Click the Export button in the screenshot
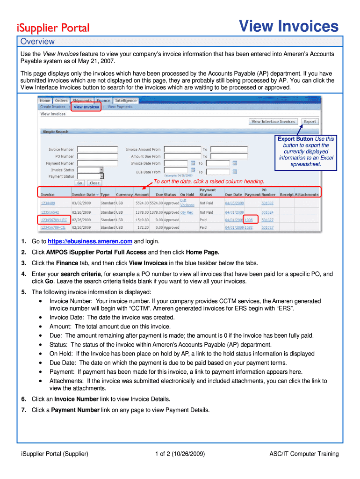[x=310, y=122]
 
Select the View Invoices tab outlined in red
[x=86, y=107]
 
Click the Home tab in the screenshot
[x=45, y=101]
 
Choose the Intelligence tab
[x=126, y=101]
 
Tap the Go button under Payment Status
[x=80, y=183]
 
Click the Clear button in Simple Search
[x=94, y=183]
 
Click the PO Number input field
[x=97, y=156]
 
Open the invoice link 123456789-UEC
[x=53, y=220]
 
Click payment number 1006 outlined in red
[x=249, y=220]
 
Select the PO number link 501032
[x=267, y=203]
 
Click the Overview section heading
[x=37, y=41]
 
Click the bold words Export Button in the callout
[x=295, y=139]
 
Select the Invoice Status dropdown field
[x=90, y=170]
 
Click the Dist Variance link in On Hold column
[x=187, y=203]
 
